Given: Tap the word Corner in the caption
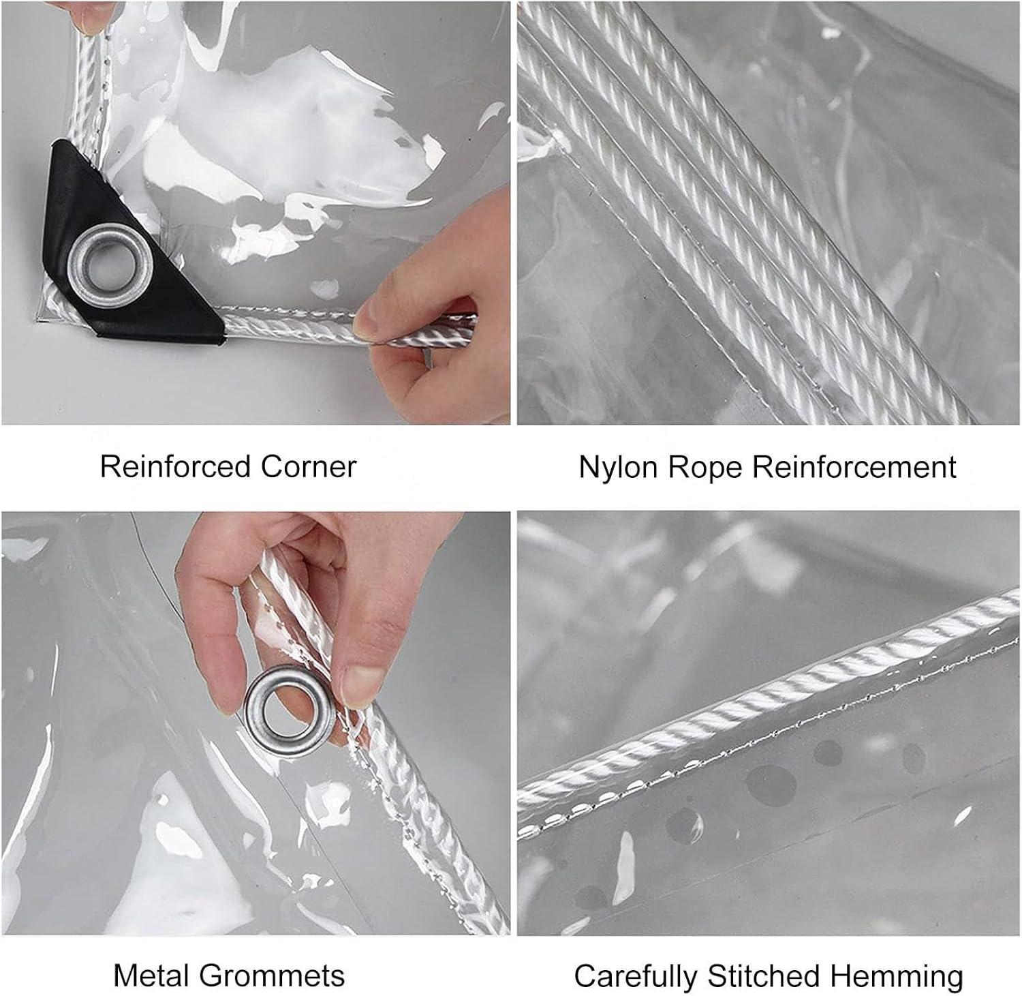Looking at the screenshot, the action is tap(308, 467).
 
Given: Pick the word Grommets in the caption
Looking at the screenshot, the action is tap(277, 976).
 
